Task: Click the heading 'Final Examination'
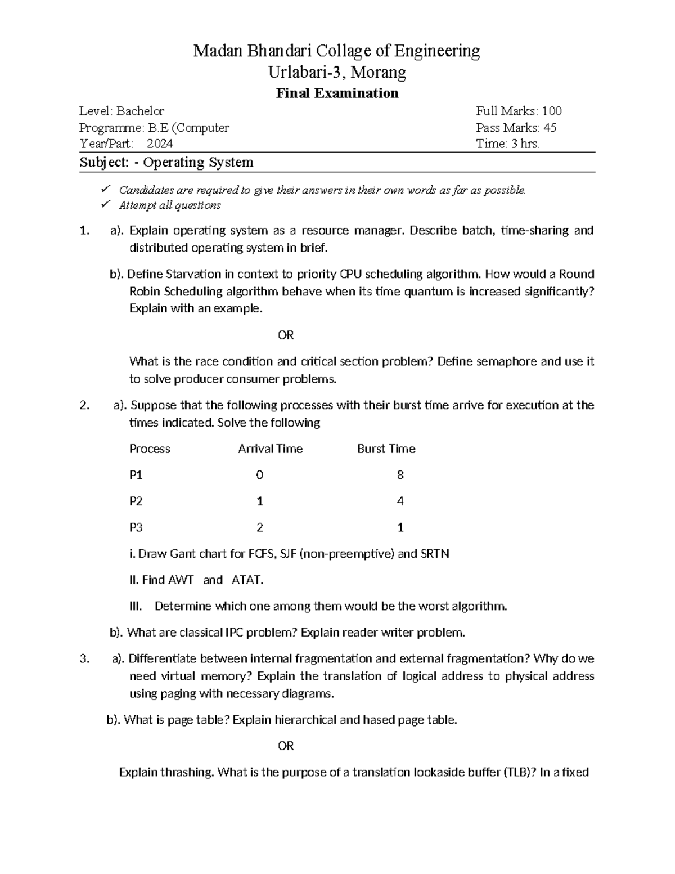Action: click(337, 93)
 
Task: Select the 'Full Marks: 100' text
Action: click(519, 111)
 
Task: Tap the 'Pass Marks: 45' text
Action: click(516, 128)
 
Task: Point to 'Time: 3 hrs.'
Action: click(507, 144)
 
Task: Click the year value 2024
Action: click(160, 144)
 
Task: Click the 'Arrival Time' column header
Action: click(270, 449)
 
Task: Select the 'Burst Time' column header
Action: click(386, 449)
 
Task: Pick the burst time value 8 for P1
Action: click(400, 475)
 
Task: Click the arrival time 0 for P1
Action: click(259, 475)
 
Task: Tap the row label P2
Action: click(136, 501)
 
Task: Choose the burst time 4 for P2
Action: click(400, 501)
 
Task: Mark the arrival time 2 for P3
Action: click(259, 527)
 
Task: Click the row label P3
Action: click(136, 527)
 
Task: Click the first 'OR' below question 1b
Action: click(286, 335)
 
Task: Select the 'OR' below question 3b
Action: click(286, 746)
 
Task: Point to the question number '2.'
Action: click(84, 405)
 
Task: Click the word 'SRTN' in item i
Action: click(435, 554)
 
